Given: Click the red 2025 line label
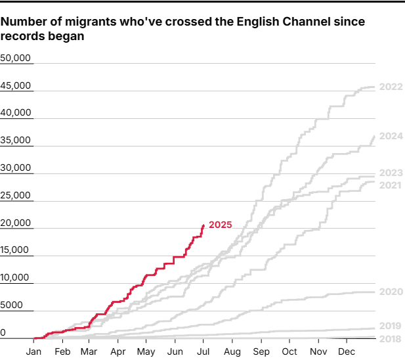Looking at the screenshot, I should (221, 225).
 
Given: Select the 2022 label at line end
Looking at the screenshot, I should (391, 87).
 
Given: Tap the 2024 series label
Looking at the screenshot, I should (391, 137).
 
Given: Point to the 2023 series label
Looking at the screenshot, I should (391, 173).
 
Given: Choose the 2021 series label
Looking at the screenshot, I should (391, 185).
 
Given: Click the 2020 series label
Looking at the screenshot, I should (391, 292).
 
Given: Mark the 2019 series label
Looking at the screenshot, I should (391, 325).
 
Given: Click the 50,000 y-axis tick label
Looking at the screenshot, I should (16, 58).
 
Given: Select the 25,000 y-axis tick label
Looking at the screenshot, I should (16, 195).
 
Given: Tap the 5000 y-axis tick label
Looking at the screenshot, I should (12, 305).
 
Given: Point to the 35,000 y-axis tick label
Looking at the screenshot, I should (16, 140).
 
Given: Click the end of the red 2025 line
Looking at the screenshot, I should (203, 225).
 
